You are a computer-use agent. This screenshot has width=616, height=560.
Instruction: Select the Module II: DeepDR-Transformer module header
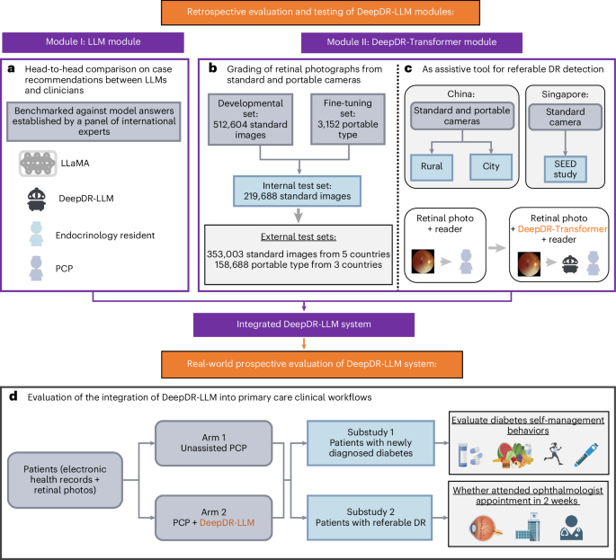(x=399, y=42)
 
